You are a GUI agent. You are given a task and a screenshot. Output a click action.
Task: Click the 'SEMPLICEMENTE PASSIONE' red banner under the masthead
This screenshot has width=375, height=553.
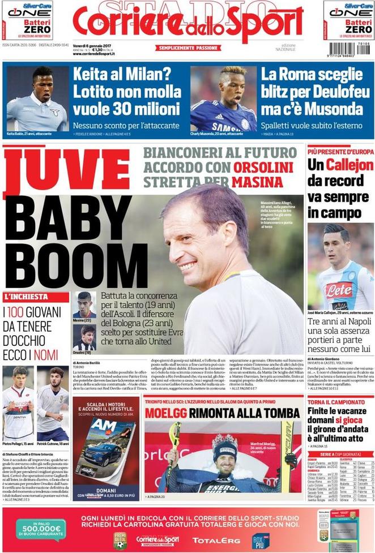click(187, 48)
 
